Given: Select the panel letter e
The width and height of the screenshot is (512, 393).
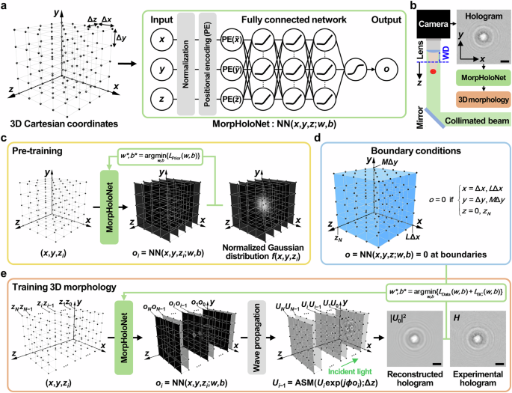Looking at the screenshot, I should [x=5, y=275].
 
